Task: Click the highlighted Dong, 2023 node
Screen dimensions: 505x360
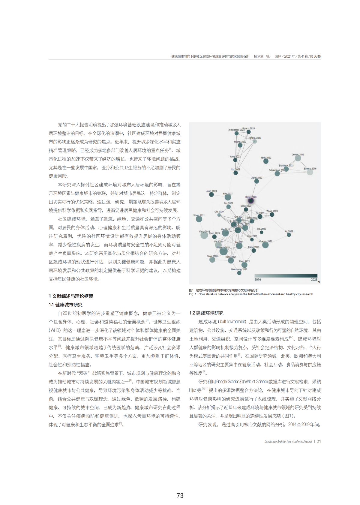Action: (x=251, y=201)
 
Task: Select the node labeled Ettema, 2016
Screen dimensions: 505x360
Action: (x=310, y=172)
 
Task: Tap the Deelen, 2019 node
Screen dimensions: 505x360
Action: (x=298, y=158)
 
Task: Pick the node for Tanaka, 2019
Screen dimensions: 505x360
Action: (x=255, y=142)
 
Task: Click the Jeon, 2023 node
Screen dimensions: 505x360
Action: (x=211, y=194)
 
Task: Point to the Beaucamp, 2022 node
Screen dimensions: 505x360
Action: (x=239, y=273)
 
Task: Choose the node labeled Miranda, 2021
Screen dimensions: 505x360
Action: (x=265, y=245)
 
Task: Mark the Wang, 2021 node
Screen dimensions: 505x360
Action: (x=199, y=219)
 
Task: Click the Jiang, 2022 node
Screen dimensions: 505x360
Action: (x=256, y=181)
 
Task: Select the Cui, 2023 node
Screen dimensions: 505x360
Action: (x=262, y=232)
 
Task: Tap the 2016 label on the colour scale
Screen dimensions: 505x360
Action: (x=258, y=280)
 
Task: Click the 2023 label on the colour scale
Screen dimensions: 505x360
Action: (x=314, y=280)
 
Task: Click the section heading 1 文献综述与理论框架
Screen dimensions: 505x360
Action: (x=71, y=296)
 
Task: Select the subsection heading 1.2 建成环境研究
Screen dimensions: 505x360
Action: (x=206, y=313)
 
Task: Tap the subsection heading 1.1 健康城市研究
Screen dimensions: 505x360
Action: (x=65, y=305)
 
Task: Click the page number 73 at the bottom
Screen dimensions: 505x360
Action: (x=180, y=496)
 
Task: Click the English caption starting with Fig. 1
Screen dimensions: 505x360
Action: (x=251, y=294)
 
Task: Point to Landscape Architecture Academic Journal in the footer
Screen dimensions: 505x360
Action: (x=288, y=441)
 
